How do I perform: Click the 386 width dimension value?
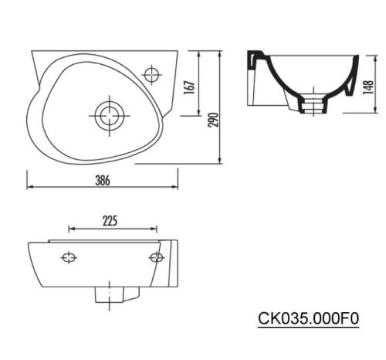tap(103, 180)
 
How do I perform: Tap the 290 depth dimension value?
tap(214, 120)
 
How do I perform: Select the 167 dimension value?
tap(190, 87)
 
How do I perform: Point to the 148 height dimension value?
tap(368, 87)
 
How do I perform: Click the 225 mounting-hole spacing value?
tap(110, 221)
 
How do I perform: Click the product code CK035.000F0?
tap(308, 318)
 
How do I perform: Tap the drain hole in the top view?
tap(110, 116)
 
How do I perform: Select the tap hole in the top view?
tap(152, 75)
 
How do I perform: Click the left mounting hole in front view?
tap(69, 257)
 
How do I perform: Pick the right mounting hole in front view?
tap(157, 257)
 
